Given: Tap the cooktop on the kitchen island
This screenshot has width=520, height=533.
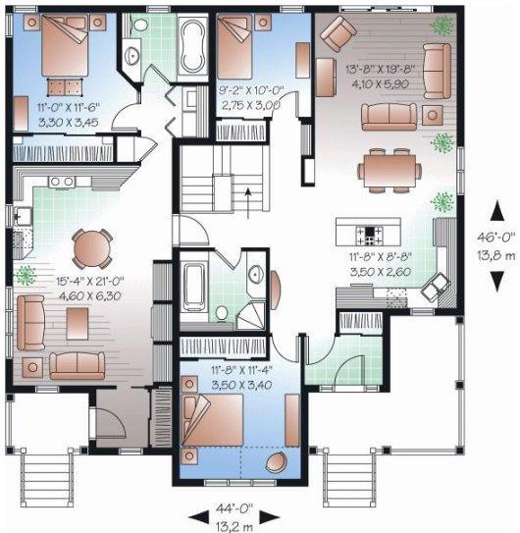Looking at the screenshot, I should click(372, 235).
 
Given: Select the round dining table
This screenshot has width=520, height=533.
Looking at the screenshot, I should click(93, 244).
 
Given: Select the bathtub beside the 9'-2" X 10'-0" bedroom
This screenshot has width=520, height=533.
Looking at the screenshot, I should click(186, 43).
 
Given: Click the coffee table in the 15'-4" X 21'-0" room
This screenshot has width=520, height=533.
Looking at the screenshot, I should click(74, 322).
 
